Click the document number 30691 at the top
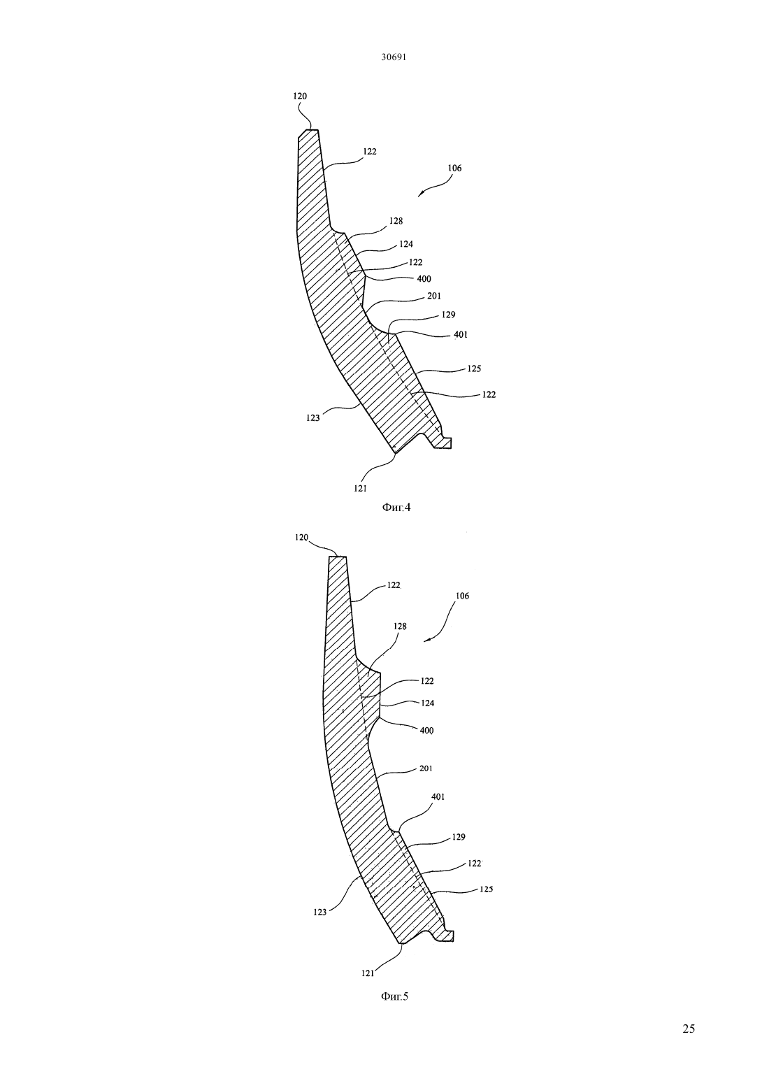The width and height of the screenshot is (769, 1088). [x=394, y=57]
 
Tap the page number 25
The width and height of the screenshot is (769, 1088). [x=689, y=1029]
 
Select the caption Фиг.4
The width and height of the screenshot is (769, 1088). [x=396, y=508]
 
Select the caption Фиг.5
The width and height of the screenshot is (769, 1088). [x=395, y=996]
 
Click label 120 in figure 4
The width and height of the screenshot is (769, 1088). [x=300, y=96]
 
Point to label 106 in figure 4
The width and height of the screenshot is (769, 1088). [x=454, y=168]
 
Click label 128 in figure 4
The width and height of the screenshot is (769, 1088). [x=396, y=221]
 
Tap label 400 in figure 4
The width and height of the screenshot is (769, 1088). [x=424, y=279]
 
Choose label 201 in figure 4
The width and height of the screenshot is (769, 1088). [x=434, y=296]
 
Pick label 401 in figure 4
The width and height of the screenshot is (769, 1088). [x=460, y=335]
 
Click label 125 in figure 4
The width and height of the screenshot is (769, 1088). [x=474, y=368]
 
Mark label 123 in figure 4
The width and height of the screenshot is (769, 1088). [x=313, y=417]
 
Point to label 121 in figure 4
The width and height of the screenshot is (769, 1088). [x=360, y=489]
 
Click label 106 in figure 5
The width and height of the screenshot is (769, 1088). [x=462, y=596]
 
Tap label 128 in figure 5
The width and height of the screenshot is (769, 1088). [x=400, y=627]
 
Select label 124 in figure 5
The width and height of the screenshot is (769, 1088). [x=427, y=703]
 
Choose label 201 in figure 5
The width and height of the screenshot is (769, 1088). [x=425, y=768]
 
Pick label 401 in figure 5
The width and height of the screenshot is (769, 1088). [x=438, y=796]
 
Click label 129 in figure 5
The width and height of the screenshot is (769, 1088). [x=459, y=837]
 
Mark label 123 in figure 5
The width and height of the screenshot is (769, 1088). [x=320, y=912]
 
